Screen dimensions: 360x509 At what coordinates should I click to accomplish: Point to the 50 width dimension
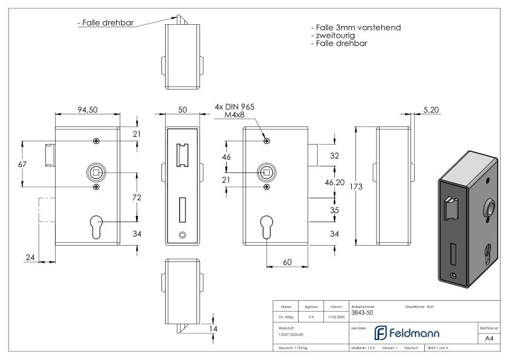pos(183,110)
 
